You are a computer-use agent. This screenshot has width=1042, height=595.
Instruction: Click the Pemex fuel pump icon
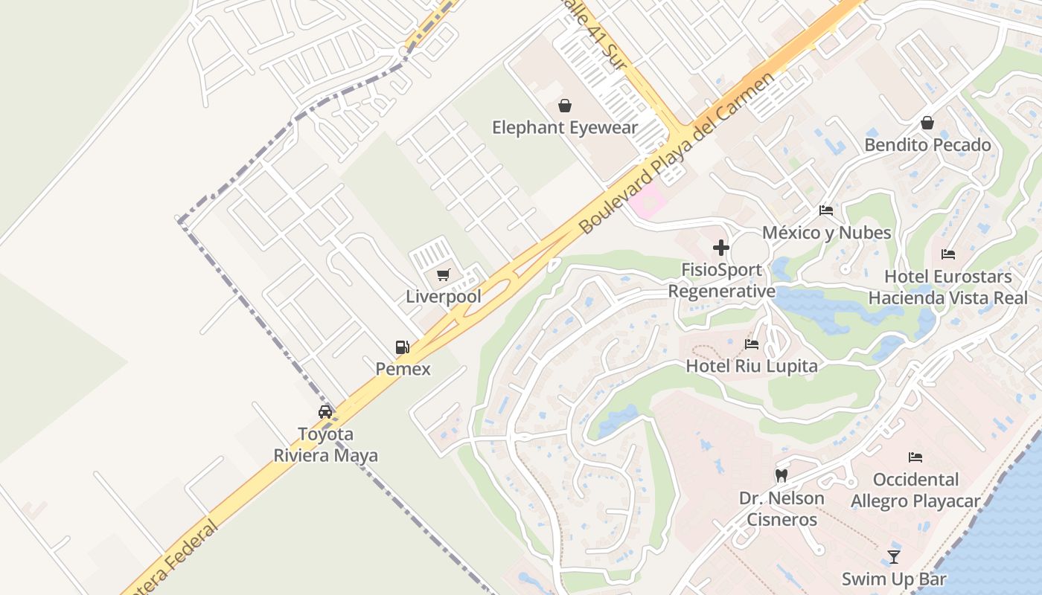coord(402,347)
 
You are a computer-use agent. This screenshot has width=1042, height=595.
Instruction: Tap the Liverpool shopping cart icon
coord(444,275)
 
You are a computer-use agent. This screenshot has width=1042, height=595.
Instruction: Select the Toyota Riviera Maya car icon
coord(325,412)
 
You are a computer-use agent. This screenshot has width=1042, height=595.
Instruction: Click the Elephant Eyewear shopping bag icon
coord(565,106)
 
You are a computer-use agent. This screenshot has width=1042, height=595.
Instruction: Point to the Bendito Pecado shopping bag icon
coord(927,123)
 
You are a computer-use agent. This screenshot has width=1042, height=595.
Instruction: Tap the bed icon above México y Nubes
coord(826,210)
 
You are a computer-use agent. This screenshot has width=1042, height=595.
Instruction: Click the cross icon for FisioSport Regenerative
coord(720,248)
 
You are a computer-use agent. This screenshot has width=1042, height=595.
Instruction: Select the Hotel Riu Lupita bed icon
coord(752,344)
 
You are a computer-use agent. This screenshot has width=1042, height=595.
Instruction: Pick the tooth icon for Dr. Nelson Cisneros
coord(781,475)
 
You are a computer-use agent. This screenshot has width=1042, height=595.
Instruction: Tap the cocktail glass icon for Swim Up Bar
coord(894,556)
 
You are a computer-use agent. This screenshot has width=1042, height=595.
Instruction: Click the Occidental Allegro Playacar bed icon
coord(915,457)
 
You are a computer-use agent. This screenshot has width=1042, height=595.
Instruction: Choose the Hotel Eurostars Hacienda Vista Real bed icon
coord(948,254)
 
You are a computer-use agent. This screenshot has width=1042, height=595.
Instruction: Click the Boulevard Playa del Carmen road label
coord(677,153)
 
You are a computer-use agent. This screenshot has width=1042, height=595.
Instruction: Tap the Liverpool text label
coord(444,297)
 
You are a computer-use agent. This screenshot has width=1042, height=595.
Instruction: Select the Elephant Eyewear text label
coord(565,128)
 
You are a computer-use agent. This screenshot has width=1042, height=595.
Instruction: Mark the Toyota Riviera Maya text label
coord(325,445)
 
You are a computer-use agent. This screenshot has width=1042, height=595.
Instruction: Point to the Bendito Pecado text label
coord(927,145)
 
